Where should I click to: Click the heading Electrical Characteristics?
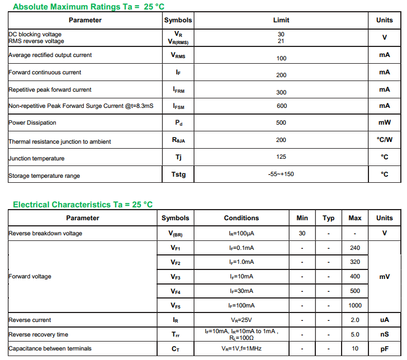(83, 205)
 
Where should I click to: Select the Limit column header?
(281, 20)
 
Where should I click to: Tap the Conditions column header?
(242, 218)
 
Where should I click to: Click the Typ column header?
(329, 218)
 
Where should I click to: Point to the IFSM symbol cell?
(178, 106)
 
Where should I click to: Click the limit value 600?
(281, 106)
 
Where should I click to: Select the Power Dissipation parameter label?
(32, 123)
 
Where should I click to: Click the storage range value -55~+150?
(281, 174)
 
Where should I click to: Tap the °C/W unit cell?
(384, 140)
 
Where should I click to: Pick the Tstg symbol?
(178, 174)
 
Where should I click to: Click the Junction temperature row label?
(36, 158)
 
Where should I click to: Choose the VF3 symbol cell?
(176, 277)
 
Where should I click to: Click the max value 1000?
(354, 306)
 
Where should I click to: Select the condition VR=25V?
(242, 320)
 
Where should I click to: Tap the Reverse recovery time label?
(39, 334)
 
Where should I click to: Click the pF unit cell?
(384, 349)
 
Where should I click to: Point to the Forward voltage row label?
(30, 277)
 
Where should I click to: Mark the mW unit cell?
(384, 123)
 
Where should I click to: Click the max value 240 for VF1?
(354, 248)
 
